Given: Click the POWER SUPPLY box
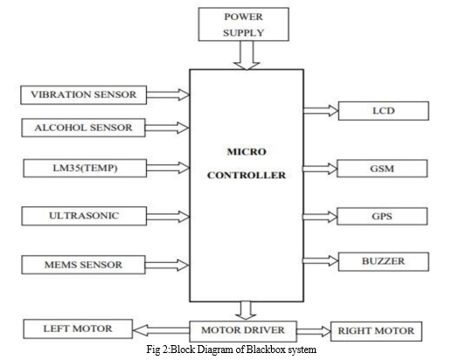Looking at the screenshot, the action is pyautogui.click(x=243, y=24).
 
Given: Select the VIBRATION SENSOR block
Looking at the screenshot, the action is pyautogui.click(x=83, y=94).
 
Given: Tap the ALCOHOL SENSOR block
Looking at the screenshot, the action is pyautogui.click(x=83, y=128).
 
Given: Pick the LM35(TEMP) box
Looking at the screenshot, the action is pyautogui.click(x=85, y=168).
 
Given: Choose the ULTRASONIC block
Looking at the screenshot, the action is pyautogui.click(x=84, y=216).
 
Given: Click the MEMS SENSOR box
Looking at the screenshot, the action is pyautogui.click(x=83, y=265).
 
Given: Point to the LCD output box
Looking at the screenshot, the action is pyautogui.click(x=384, y=111).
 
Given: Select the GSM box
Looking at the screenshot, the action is pyautogui.click(x=382, y=169).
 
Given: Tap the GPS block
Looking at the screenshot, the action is pyautogui.click(x=382, y=216).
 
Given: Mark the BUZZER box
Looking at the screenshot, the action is pyautogui.click(x=384, y=261).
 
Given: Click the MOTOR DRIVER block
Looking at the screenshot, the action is pyautogui.click(x=243, y=331).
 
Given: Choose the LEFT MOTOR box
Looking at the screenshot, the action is pyautogui.click(x=78, y=329).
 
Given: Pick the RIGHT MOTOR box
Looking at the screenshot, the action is pyautogui.click(x=376, y=331).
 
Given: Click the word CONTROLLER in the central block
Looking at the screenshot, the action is pyautogui.click(x=247, y=176).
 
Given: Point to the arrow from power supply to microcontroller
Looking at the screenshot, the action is pyautogui.click(x=247, y=55).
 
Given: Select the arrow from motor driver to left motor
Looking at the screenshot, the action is pyautogui.click(x=161, y=330).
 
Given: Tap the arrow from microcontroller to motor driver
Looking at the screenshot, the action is pyautogui.click(x=246, y=310).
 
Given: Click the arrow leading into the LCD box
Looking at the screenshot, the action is pyautogui.click(x=321, y=111).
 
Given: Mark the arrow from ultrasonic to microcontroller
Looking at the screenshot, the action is pyautogui.click(x=168, y=217).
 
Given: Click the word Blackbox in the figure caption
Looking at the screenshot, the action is pyautogui.click(x=267, y=350).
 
